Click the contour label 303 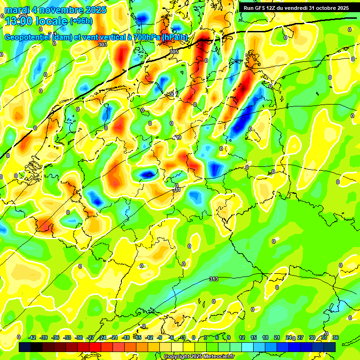pyautogui.click(x=103, y=45)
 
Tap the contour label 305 pyautogui.click(x=174, y=51)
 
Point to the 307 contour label pyautogui.click(x=174, y=94)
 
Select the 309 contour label pyautogui.click(x=177, y=137)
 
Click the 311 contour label pyautogui.click(x=177, y=189)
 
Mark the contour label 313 pyautogui.click(x=214, y=279)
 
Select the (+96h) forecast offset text pyautogui.click(x=81, y=21)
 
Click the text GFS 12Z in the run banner pyautogui.click(x=267, y=8)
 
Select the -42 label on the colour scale pyautogui.click(x=32, y=337)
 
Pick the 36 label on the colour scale pyautogui.click(x=336, y=337)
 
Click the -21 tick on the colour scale pyautogui.click(x=114, y=337)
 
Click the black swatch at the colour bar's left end pyautogui.click(x=25, y=347)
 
